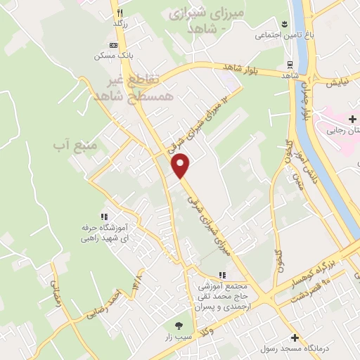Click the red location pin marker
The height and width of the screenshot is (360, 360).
click(181, 165)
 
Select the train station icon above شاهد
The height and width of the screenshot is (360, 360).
click(290, 65)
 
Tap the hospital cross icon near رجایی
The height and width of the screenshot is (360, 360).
click(352, 120)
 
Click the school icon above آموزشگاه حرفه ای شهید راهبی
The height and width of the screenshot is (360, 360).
click(104, 217)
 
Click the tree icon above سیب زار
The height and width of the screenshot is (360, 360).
click(179, 326)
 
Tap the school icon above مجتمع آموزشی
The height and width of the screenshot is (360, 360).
click(222, 275)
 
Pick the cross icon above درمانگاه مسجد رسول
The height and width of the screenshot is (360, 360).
click(295, 338)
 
